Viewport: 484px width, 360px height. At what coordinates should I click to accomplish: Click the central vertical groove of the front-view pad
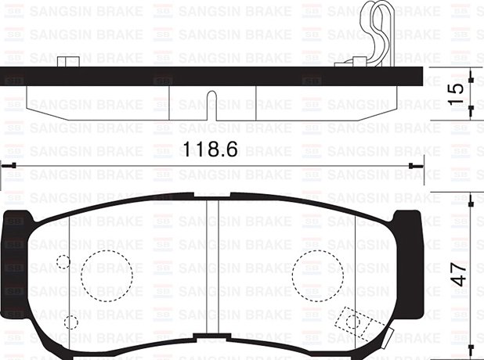211,274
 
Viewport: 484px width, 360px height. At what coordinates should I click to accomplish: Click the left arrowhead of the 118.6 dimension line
6,165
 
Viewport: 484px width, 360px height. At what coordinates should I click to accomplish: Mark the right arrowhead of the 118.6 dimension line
417,165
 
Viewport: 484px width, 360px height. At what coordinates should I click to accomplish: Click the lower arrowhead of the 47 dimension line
470,355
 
